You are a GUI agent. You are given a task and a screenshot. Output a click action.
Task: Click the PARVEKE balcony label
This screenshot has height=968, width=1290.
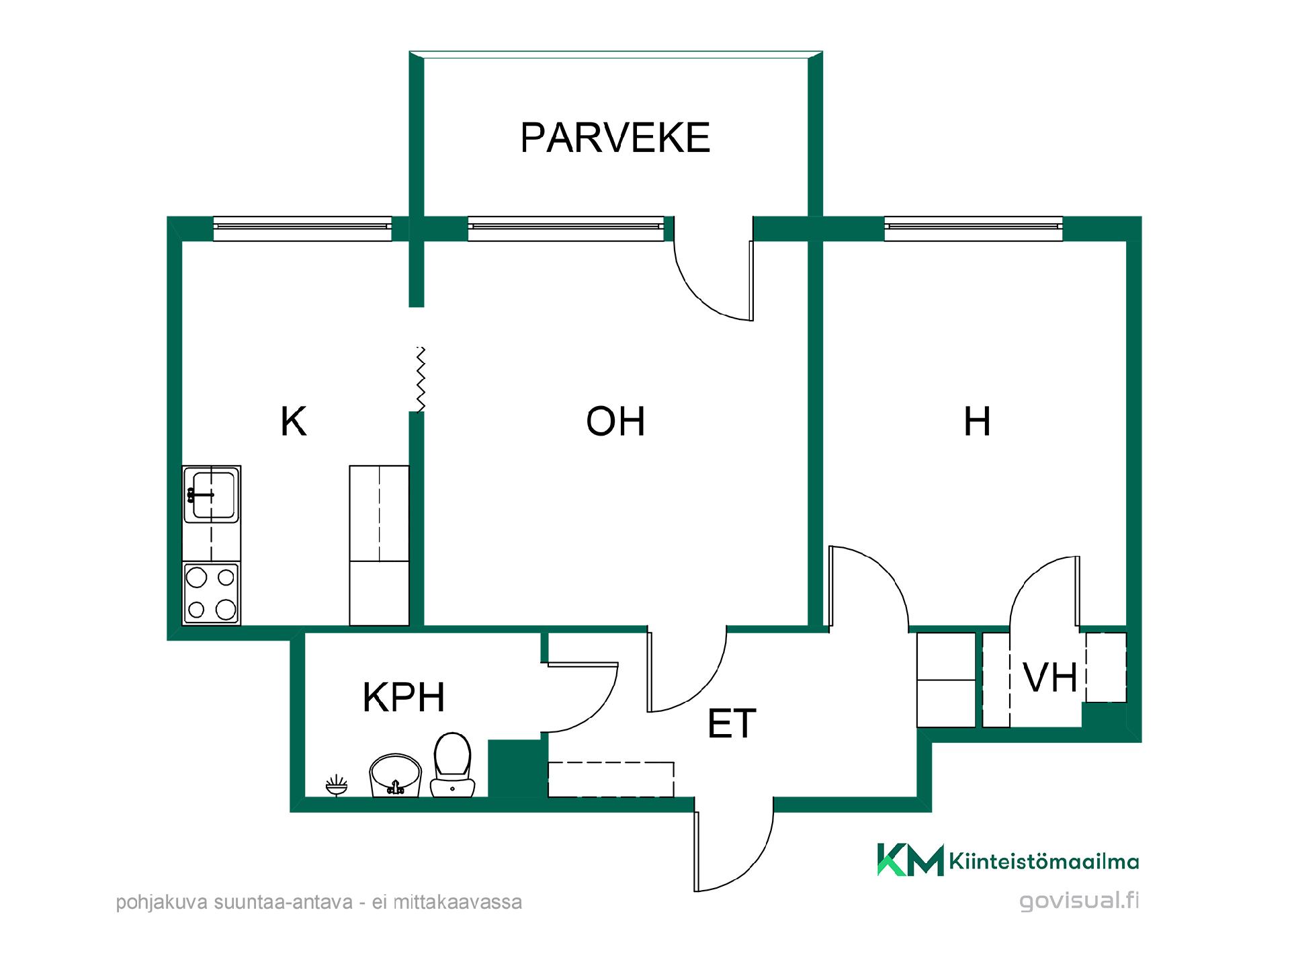pyautogui.click(x=615, y=138)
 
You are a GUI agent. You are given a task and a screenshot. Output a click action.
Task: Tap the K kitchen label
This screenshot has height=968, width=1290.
pyautogui.click(x=294, y=422)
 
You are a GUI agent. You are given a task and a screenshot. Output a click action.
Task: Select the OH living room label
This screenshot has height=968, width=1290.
pyautogui.click(x=615, y=421)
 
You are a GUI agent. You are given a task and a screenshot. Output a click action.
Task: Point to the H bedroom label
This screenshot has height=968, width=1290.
pyautogui.click(x=977, y=421)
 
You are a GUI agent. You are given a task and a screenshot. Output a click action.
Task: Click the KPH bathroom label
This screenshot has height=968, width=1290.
pyautogui.click(x=404, y=697)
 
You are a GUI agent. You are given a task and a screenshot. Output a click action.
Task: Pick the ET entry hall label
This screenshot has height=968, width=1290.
pyautogui.click(x=732, y=723)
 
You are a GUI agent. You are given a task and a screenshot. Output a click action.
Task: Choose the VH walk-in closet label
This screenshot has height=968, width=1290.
pyautogui.click(x=1050, y=678)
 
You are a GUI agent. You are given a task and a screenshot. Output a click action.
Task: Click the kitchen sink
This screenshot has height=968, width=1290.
pyautogui.click(x=212, y=495)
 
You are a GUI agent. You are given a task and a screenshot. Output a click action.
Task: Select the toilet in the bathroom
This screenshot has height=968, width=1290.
pyautogui.click(x=452, y=765)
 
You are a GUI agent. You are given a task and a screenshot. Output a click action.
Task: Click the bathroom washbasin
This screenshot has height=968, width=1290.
pyautogui.click(x=395, y=776)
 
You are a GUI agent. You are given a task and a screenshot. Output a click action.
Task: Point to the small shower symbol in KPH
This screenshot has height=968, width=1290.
pyautogui.click(x=337, y=785)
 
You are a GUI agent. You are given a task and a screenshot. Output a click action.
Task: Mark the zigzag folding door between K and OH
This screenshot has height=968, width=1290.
pyautogui.click(x=421, y=378)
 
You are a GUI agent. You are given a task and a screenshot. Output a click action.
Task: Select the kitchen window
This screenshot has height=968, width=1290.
pyautogui.click(x=302, y=229)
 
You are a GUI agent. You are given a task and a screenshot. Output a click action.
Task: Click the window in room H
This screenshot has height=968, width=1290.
pyautogui.click(x=974, y=229)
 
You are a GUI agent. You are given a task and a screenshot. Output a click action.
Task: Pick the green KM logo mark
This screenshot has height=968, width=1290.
pyautogui.click(x=910, y=860)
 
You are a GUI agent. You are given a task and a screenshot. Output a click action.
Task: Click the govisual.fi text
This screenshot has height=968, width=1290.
pyautogui.click(x=1079, y=901)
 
